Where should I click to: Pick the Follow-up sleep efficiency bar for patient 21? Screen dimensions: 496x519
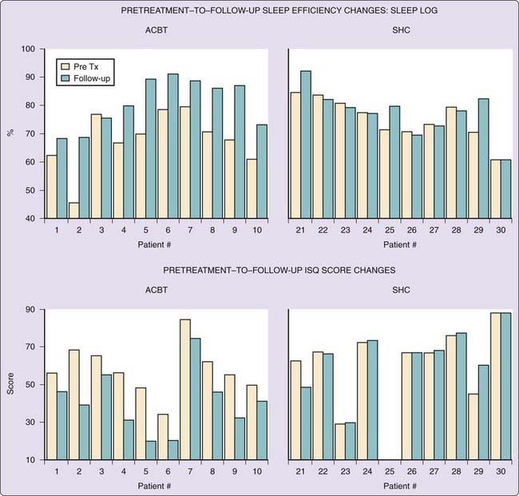tap(306, 145)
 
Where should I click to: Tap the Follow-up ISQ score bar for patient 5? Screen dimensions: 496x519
tap(150, 450)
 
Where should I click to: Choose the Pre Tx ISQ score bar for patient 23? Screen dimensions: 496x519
tap(339, 442)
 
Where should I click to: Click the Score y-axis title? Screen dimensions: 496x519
tap(10, 385)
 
